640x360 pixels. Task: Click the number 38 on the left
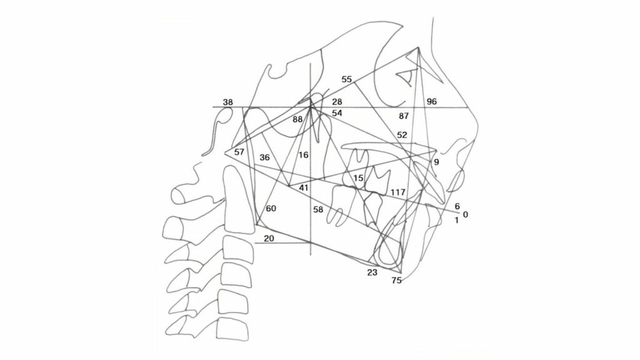click(227, 102)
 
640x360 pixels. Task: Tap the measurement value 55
click(346, 79)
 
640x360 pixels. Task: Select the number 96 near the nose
click(431, 101)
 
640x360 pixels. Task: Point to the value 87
click(404, 116)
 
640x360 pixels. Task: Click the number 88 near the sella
click(297, 119)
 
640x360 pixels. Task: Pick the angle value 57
click(239, 152)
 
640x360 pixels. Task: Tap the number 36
click(264, 157)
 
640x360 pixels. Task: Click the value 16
click(303, 155)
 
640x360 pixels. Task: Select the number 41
click(304, 187)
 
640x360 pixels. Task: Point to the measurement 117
click(398, 192)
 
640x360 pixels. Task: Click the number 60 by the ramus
click(271, 209)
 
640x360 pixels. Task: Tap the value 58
click(318, 209)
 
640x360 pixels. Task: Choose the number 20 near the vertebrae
click(269, 239)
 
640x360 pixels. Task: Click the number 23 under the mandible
click(372, 272)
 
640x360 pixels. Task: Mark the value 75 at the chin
click(396, 281)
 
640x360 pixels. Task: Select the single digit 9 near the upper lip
click(436, 162)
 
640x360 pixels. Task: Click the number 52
click(402, 135)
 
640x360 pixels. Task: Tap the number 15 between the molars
click(358, 178)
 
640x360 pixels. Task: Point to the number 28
click(337, 102)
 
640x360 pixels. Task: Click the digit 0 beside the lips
click(466, 214)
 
